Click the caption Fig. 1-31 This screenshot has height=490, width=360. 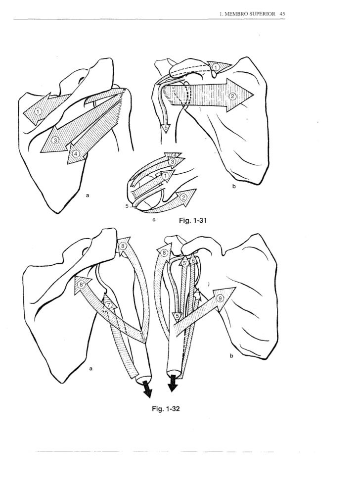click(193, 220)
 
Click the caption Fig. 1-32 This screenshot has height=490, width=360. click(166, 409)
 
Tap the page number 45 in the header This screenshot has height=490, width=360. click(282, 14)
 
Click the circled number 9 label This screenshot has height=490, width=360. click(221, 299)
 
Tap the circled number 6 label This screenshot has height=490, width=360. click(193, 260)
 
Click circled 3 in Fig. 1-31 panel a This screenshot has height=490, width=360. click(55, 140)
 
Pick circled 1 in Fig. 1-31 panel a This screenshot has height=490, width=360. click(38, 111)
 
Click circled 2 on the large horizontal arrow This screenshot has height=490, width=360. click(232, 96)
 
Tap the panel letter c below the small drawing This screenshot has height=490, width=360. click(154, 220)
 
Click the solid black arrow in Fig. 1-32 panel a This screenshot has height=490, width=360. click(146, 390)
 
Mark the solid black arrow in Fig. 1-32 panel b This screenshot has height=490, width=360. click(173, 385)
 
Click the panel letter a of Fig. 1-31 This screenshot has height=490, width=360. click(88, 196)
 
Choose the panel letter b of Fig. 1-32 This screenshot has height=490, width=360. click(231, 356)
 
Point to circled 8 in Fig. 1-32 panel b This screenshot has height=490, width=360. click(165, 252)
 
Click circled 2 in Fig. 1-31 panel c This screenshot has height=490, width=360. click(183, 197)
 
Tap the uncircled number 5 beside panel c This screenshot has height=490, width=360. click(127, 206)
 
